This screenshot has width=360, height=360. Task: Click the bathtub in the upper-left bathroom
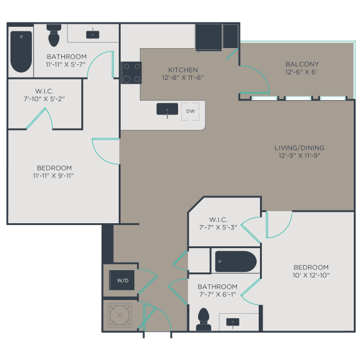21,51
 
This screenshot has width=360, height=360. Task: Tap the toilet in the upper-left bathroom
54,36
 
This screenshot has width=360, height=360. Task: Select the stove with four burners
131,72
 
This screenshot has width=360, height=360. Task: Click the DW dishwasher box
190,111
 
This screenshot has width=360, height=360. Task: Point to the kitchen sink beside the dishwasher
167,109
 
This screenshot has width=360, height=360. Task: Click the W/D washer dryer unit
121,280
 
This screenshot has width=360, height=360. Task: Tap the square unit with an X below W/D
119,314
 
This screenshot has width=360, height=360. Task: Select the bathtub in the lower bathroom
236,261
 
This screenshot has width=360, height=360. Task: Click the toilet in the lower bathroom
203,319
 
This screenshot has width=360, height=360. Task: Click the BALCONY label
302,64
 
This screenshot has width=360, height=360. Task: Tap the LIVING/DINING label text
299,147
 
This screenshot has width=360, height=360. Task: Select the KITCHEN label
183,69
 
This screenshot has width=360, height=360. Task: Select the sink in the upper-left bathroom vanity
93,34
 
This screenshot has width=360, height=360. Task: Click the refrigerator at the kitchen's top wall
209,37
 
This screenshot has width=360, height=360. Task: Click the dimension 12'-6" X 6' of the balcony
302,72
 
